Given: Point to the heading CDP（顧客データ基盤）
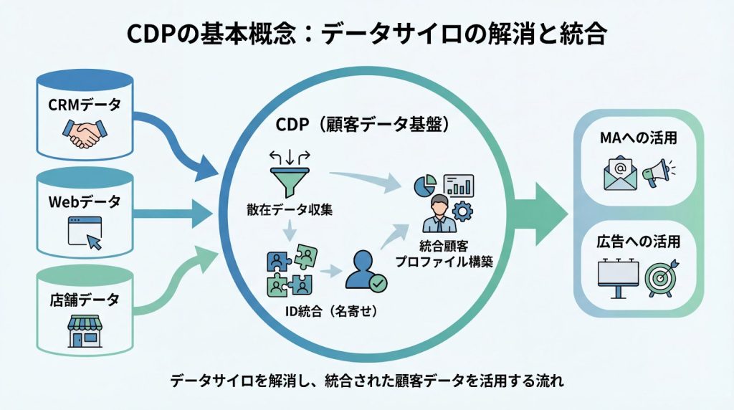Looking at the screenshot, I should (x=362, y=124).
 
